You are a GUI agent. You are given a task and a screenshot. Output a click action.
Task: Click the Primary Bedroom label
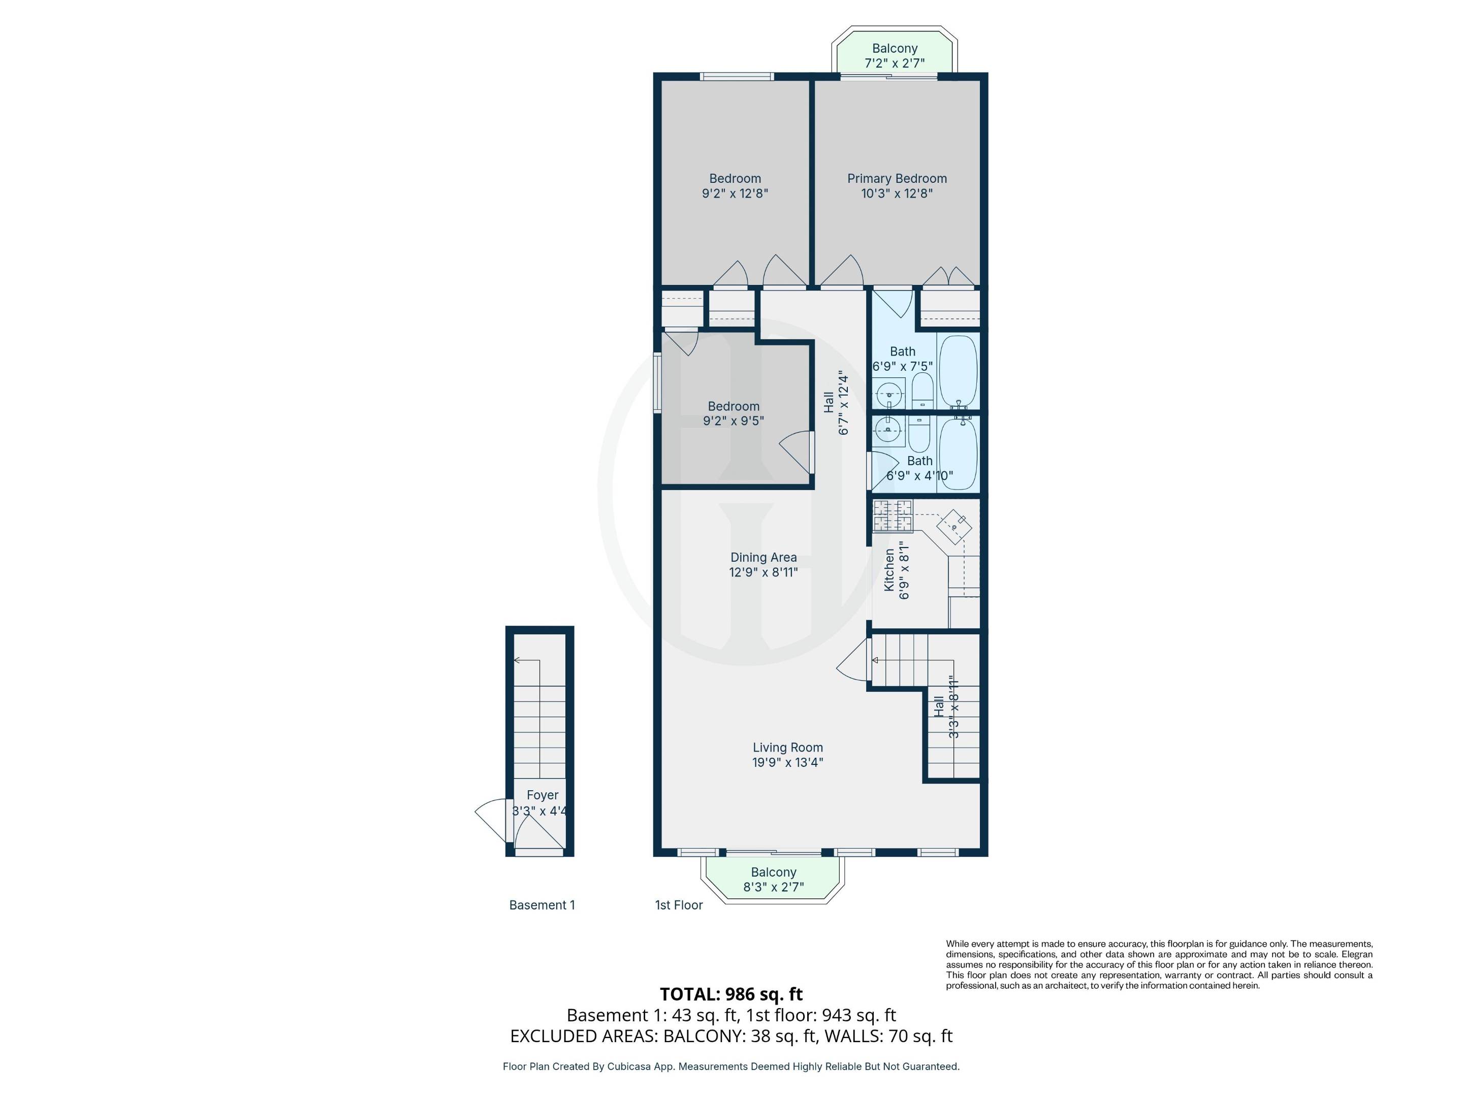tap(897, 179)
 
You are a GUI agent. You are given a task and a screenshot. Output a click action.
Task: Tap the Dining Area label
tap(763, 558)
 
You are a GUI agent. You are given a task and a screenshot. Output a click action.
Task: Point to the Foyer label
tap(543, 795)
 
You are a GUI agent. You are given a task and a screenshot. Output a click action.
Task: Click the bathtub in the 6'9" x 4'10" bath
tap(958, 454)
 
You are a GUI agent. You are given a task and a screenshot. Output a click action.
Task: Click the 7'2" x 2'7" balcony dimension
tap(894, 63)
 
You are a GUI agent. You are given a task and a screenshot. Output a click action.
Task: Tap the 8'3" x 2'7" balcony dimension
tap(773, 887)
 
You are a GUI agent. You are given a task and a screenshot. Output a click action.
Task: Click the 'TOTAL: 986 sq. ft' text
tap(731, 994)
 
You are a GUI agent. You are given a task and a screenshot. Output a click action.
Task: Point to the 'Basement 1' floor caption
tap(542, 905)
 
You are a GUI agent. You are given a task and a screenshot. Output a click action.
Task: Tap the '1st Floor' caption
tap(679, 905)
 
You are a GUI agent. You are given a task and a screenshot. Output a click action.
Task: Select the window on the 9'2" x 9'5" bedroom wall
tap(657, 384)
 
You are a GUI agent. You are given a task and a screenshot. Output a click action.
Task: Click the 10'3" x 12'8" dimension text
tap(897, 193)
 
